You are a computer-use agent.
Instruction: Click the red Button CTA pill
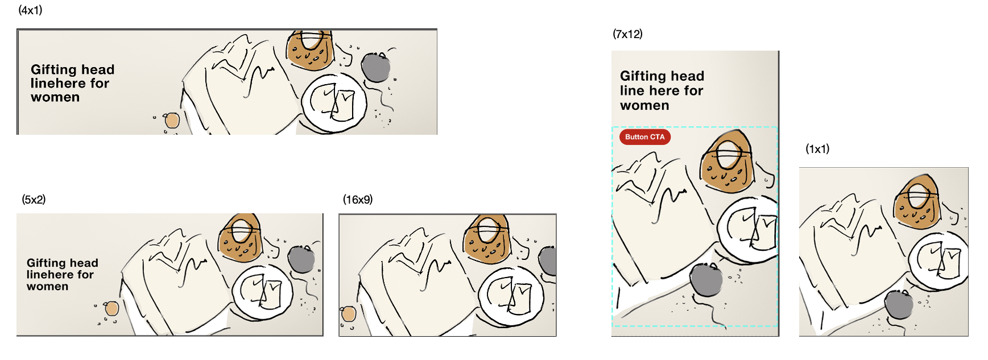644,137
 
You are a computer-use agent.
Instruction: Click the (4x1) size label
30,10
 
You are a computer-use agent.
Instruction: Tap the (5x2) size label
34,200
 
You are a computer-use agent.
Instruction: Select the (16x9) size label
357,200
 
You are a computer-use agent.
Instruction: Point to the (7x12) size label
627,34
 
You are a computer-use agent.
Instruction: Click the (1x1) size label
817,149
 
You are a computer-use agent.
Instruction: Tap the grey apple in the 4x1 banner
376,68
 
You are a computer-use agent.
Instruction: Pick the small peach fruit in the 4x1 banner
172,121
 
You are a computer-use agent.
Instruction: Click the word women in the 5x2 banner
47,287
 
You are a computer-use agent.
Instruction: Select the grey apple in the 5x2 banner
301,260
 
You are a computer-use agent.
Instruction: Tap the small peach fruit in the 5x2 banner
112,309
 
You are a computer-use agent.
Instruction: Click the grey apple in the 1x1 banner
899,305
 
